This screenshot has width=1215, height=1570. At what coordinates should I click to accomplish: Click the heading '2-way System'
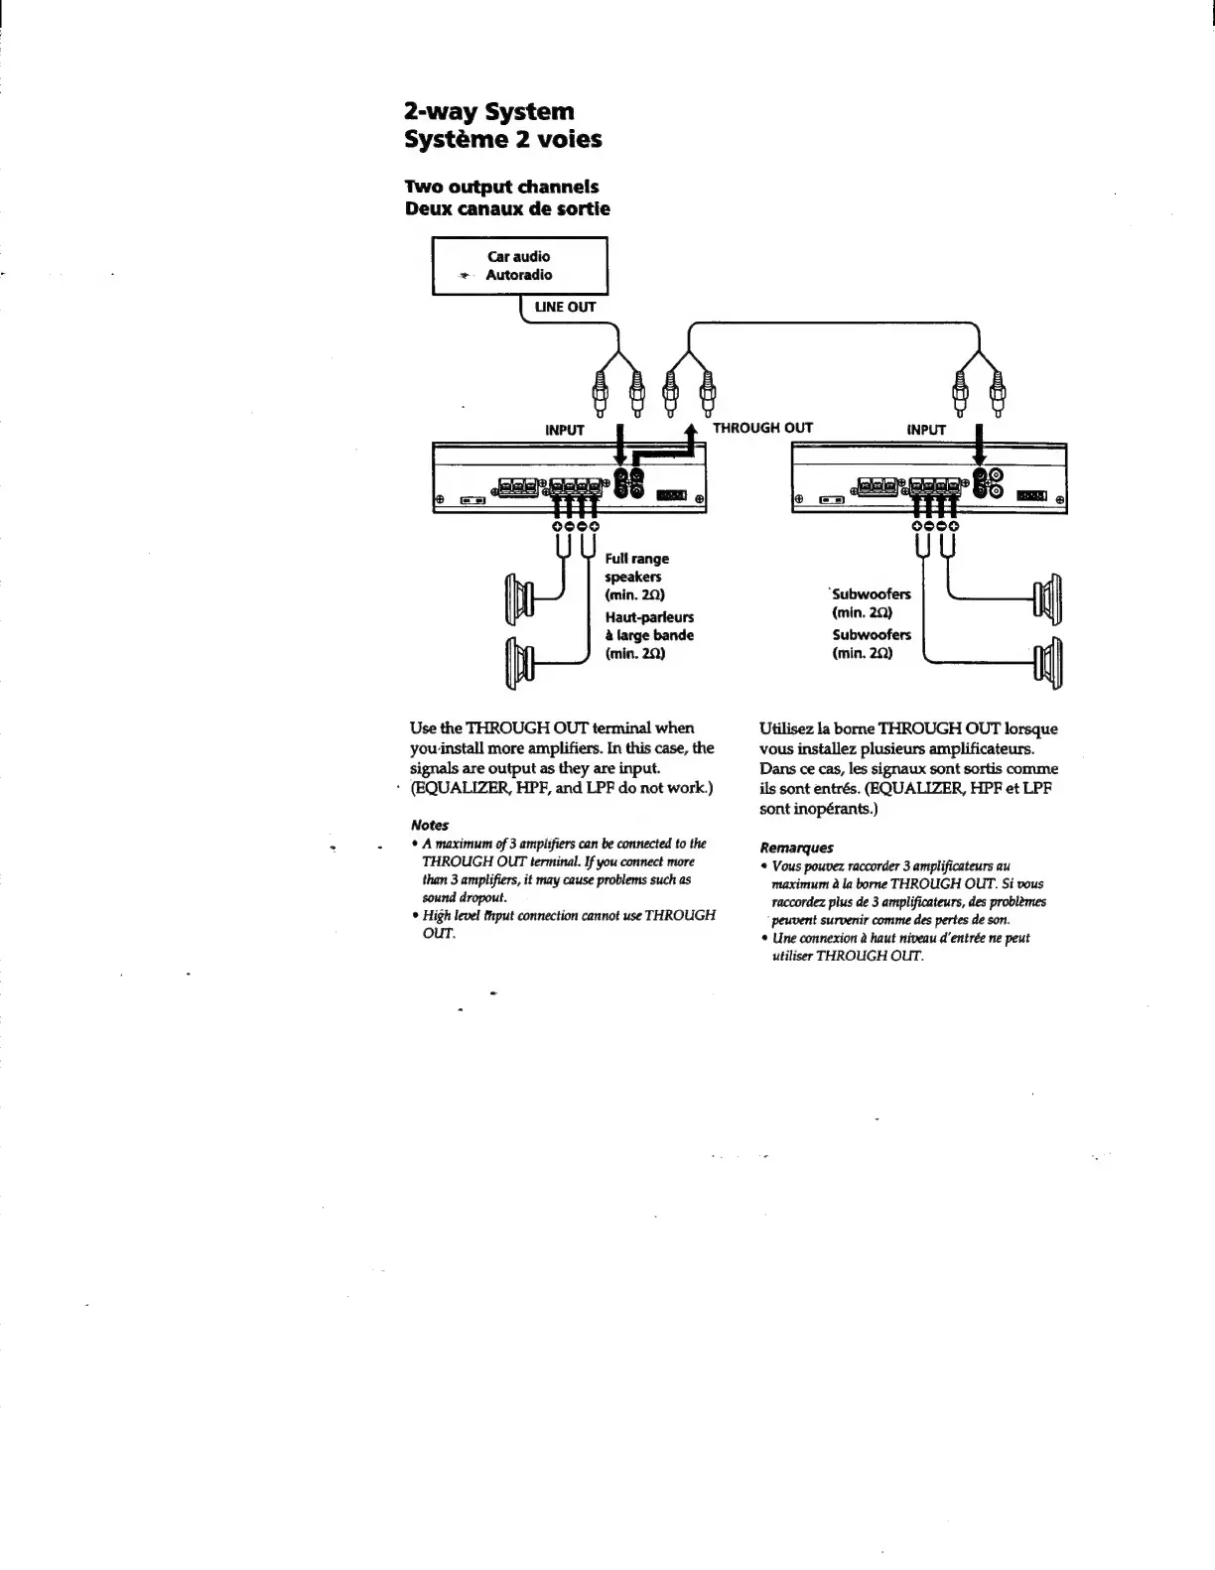489,111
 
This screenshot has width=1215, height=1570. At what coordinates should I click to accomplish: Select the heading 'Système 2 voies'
503,139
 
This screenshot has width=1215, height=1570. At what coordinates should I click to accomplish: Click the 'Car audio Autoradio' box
519,266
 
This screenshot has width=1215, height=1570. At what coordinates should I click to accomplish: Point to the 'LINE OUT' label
565,307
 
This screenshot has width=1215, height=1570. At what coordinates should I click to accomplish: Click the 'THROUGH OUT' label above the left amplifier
762,428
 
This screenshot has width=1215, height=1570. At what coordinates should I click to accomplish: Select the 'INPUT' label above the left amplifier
565,430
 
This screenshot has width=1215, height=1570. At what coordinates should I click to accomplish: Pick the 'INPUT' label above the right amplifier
926,430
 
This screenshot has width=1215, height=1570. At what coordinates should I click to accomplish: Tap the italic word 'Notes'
430,825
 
